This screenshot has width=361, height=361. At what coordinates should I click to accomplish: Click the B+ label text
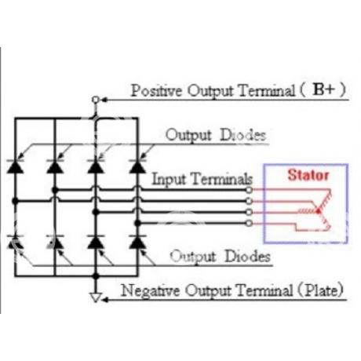[x=324, y=89]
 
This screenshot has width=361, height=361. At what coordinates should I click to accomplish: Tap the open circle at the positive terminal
[x=96, y=100]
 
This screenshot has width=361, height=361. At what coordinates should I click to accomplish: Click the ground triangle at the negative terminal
[x=95, y=297]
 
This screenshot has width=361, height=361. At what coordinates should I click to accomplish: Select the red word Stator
[x=308, y=175]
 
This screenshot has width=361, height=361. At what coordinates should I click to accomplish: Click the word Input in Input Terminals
[x=169, y=179]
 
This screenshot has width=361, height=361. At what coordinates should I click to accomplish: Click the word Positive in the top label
[x=156, y=90]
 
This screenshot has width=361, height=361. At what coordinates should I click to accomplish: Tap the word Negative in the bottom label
[x=150, y=290]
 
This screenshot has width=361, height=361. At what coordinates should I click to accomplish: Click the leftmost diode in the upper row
[x=15, y=166]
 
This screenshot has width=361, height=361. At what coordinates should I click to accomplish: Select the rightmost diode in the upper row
[x=137, y=166]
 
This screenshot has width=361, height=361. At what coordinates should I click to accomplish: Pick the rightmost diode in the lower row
[x=137, y=242]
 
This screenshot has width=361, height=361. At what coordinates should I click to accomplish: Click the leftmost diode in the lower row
[x=15, y=242]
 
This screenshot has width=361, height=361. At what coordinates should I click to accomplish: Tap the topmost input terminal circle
[x=249, y=190]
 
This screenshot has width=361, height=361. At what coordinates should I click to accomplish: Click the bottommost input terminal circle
[x=249, y=223]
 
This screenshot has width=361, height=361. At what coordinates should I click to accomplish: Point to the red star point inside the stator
[x=319, y=211]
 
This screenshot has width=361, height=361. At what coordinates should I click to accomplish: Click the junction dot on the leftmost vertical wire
[x=15, y=201]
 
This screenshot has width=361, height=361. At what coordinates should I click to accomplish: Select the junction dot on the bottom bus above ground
[x=96, y=275]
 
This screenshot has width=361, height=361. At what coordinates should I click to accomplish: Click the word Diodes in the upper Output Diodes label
[x=243, y=135]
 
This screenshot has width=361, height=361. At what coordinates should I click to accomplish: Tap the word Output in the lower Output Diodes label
[x=193, y=257]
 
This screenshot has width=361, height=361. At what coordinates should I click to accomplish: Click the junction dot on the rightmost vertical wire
[x=137, y=223]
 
